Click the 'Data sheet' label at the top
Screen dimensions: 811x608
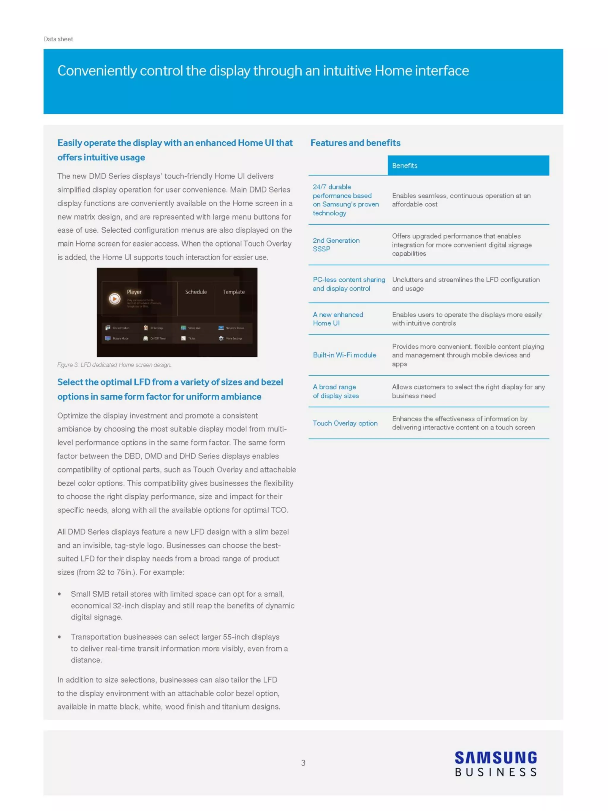58,39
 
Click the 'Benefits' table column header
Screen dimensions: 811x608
404,165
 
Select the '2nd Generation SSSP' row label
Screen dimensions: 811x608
336,244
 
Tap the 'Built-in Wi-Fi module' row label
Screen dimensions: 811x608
344,355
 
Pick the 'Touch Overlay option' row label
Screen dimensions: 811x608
345,423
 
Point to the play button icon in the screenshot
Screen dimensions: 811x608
115,299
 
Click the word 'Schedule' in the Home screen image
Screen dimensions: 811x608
196,292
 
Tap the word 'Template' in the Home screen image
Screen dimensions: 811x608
233,292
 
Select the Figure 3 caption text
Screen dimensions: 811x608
114,365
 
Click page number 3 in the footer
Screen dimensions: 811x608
303,763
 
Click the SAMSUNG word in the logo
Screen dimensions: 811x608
495,758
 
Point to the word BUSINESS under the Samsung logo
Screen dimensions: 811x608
495,772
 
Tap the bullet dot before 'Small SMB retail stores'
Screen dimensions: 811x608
59,594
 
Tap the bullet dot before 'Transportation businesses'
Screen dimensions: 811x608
59,637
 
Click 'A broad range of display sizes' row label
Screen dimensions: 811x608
335,391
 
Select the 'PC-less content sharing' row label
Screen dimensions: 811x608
349,284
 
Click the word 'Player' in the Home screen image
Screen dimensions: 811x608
134,292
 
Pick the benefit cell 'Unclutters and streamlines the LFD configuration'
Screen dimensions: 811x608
465,284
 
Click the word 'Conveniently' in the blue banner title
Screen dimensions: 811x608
97,71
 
